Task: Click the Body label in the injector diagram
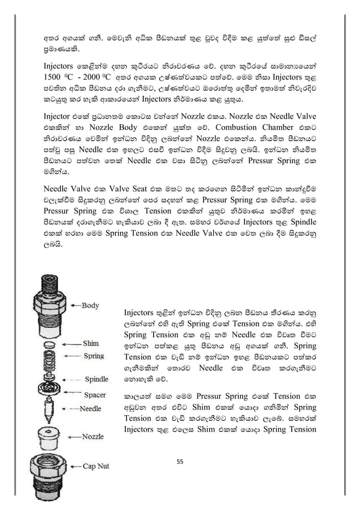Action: (x=90, y=306)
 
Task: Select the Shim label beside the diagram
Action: (x=91, y=343)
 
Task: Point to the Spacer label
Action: (x=95, y=395)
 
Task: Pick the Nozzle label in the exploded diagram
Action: (x=93, y=436)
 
